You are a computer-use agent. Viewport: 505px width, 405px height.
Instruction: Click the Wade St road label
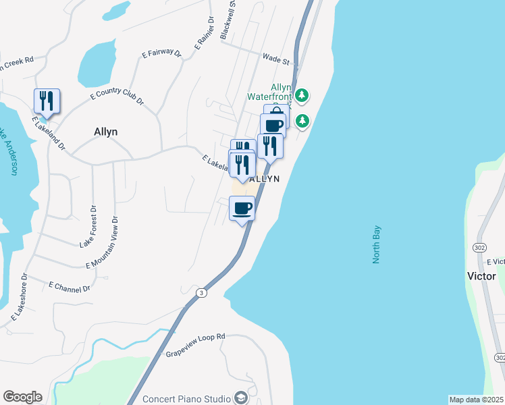coord(276,61)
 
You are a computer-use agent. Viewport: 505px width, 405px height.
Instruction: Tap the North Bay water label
coord(377,244)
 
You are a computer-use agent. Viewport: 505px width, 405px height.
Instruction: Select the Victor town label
coord(481,276)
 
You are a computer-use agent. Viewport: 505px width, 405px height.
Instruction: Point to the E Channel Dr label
coord(70,287)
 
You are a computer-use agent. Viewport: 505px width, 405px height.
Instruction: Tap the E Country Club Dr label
coord(117,97)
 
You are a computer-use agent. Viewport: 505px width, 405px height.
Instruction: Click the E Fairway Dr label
coord(162,52)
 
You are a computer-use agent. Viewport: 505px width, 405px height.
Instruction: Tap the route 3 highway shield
coord(201,292)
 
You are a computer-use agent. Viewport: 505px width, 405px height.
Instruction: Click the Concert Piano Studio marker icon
coord(240,398)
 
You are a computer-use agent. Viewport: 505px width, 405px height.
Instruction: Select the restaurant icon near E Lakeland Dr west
coord(47,101)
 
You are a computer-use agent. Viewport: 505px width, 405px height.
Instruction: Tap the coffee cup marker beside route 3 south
coord(242,208)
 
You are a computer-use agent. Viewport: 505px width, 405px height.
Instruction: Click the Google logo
coord(22,397)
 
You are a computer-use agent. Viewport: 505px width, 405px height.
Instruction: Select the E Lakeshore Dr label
coord(18,298)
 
